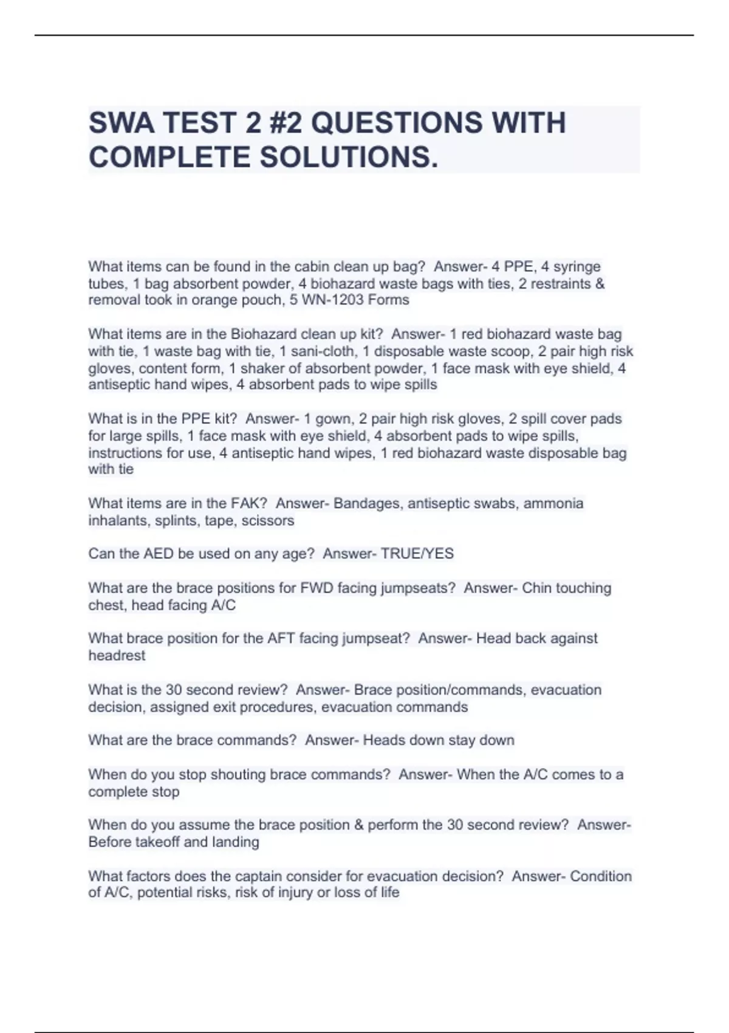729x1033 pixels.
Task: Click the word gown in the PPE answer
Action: point(333,419)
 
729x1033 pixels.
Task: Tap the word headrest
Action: point(117,656)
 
